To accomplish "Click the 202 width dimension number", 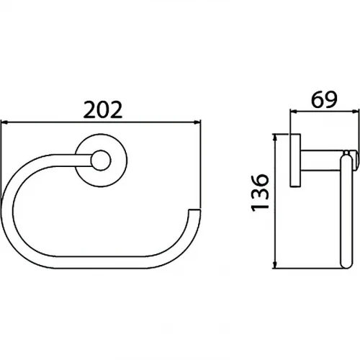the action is [x=103, y=110].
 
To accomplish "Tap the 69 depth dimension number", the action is [x=324, y=99].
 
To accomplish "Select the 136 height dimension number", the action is [x=259, y=193].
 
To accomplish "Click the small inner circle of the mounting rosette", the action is [x=101, y=161].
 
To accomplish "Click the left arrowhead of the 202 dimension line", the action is [x=4, y=122].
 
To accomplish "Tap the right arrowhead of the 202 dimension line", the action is [x=197, y=122].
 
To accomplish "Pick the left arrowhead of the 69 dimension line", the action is [x=294, y=112].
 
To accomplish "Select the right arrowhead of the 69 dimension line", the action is [x=355, y=112].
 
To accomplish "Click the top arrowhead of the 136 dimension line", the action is [x=275, y=138].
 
